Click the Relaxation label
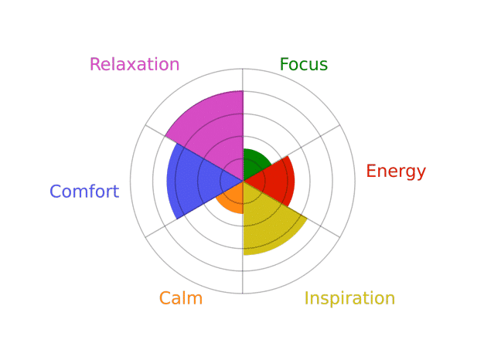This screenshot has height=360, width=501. pos(135,64)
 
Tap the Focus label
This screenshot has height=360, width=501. pos(304,64)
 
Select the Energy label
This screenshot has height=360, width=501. pos(396,172)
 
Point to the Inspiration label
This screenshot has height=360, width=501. pos(349,298)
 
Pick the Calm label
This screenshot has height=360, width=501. pos(181,298)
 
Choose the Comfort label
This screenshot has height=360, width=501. pos(84,191)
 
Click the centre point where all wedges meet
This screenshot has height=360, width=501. pos(243,182)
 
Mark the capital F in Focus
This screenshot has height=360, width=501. pos(285,64)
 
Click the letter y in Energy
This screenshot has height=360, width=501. pos(421,174)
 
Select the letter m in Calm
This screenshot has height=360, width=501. pos(195,300)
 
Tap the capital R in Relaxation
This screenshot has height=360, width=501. pos(95,64)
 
